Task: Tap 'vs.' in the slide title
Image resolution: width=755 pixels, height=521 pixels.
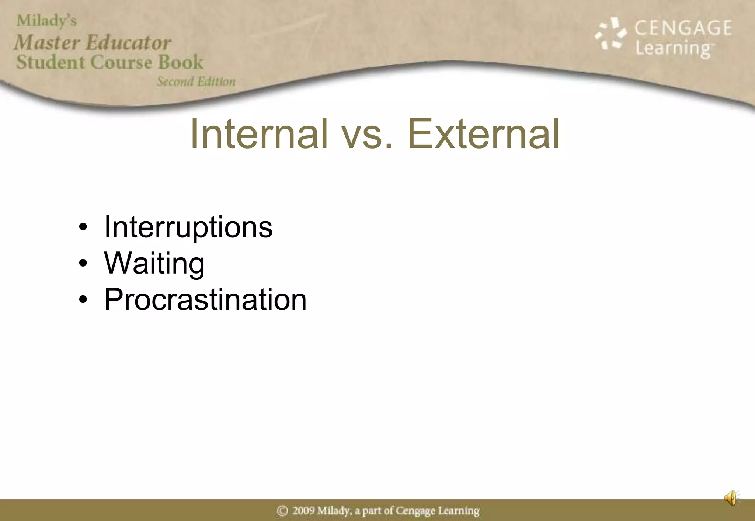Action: click(x=367, y=136)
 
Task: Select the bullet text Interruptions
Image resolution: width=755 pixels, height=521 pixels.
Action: click(x=188, y=227)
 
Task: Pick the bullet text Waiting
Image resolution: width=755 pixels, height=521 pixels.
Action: click(x=154, y=263)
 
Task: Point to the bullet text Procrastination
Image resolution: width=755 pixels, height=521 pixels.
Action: click(x=205, y=299)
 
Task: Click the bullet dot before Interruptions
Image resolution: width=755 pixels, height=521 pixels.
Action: click(x=83, y=227)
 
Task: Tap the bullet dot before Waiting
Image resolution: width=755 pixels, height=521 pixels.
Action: click(x=83, y=263)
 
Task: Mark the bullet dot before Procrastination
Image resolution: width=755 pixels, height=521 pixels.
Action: click(x=83, y=299)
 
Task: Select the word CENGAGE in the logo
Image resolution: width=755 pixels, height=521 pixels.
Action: click(x=683, y=28)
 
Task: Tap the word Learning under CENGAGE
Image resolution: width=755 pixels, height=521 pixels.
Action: click(x=673, y=49)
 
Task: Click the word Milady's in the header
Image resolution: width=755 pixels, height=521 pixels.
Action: click(x=46, y=21)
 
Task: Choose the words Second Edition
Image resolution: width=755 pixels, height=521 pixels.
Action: click(x=196, y=81)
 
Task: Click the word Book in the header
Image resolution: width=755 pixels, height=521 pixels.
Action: click(x=181, y=62)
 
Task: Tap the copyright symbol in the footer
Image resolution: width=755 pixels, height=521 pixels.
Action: click(x=282, y=511)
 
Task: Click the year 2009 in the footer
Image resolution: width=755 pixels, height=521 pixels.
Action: click(x=303, y=511)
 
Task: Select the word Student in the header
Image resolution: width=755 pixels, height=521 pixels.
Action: click(x=50, y=62)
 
